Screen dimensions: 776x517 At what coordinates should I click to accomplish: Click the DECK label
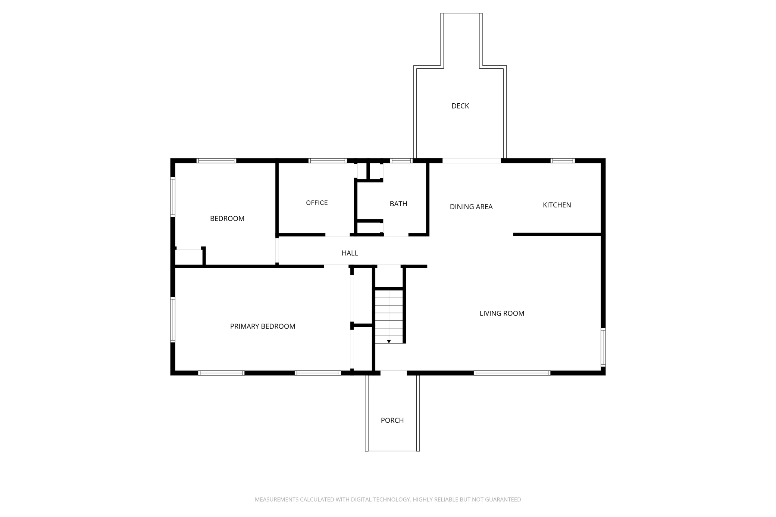coord(460,106)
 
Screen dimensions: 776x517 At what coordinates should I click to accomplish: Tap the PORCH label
coord(392,420)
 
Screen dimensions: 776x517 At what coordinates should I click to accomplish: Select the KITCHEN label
coord(557,205)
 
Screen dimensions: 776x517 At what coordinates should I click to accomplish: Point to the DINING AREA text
coord(471,207)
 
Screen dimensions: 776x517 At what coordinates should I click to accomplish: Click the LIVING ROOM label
coord(502,313)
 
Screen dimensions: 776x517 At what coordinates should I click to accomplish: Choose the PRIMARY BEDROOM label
coord(263,326)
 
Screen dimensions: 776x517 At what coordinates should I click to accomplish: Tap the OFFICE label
coord(317,203)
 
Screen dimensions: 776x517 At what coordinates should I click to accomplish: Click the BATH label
coord(398,204)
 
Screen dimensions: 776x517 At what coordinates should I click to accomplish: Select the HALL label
coord(350,253)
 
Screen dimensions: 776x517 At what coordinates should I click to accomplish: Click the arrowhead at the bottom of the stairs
coord(389,341)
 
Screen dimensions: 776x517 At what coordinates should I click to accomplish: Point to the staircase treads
coord(389,316)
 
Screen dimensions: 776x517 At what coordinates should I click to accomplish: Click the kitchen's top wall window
coord(563,161)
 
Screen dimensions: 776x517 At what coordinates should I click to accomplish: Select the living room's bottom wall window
coord(512,373)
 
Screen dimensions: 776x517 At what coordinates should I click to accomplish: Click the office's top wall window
coord(328,161)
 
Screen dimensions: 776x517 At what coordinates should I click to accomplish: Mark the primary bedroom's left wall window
coord(173,319)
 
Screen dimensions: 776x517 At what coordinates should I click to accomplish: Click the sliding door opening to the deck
coord(472,161)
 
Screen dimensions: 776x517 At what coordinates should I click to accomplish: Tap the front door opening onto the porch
coord(394,373)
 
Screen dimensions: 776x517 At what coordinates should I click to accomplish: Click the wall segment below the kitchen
coord(557,234)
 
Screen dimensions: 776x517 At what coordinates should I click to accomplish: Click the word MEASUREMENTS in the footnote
coord(276,499)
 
